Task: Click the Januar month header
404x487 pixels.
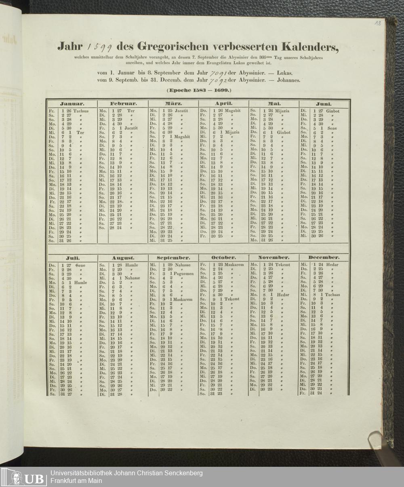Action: click(72, 104)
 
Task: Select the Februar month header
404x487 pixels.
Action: click(123, 104)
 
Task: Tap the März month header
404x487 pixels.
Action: click(173, 104)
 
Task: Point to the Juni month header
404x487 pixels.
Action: click(324, 104)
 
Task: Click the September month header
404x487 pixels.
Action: click(173, 257)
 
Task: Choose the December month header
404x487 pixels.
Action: click(324, 257)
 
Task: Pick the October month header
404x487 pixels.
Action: click(223, 257)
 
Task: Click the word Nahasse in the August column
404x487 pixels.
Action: click(133, 278)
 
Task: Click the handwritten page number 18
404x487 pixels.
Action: click(378, 24)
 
